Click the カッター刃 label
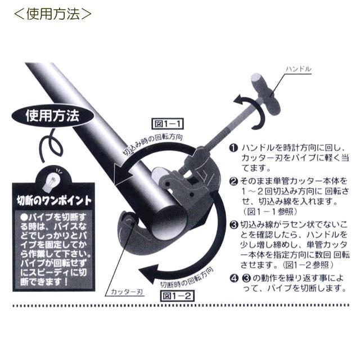click(x=124, y=292)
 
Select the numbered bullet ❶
click(x=233, y=147)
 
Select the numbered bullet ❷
click(x=233, y=181)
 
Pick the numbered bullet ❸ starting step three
click(x=233, y=225)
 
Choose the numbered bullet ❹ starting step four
click(x=233, y=278)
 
